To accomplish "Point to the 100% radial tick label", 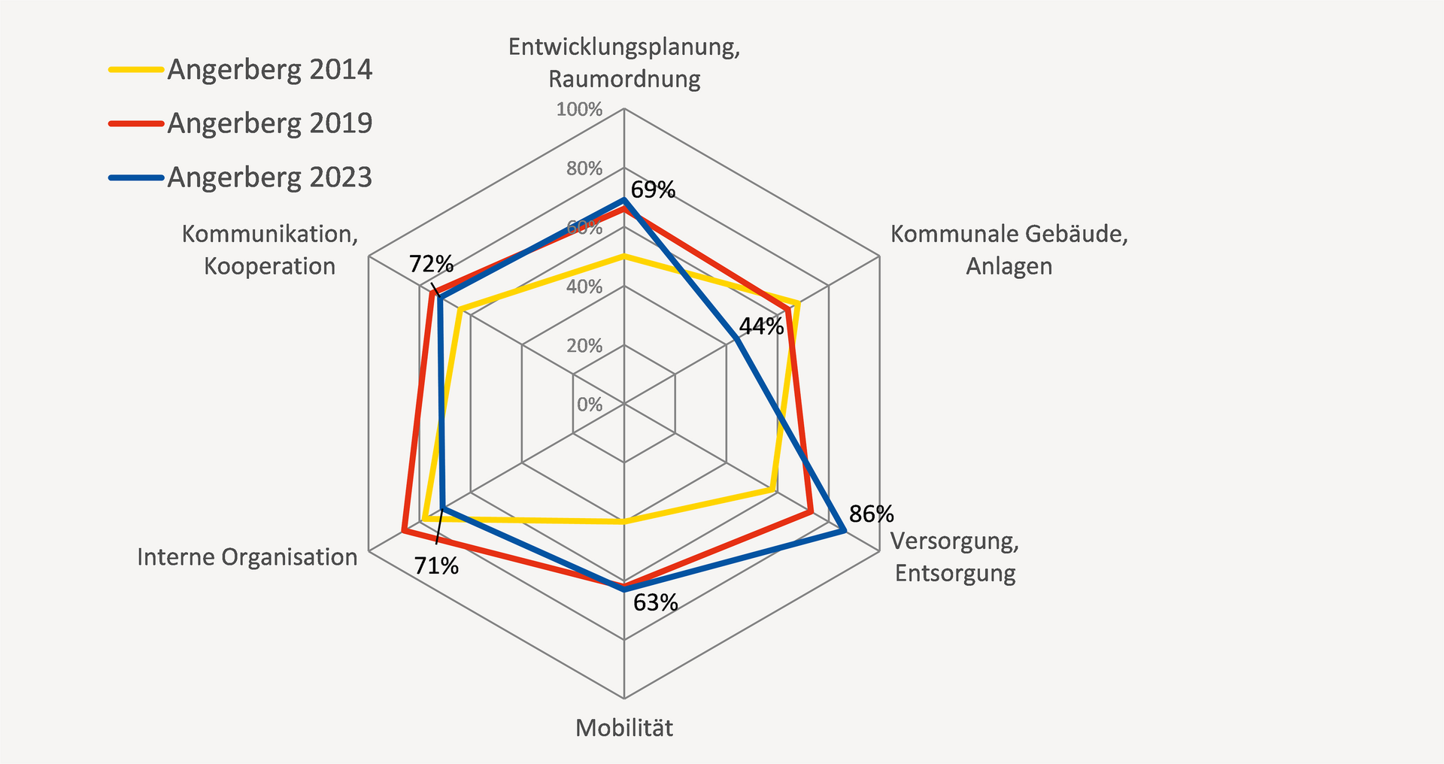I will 579,110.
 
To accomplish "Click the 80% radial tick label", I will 584,168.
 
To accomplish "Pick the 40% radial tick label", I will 584,286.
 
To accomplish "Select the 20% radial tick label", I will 584,346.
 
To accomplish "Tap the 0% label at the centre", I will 590,405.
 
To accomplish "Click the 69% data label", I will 653,189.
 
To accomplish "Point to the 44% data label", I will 761,326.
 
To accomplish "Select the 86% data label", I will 872,514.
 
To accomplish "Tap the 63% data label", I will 655,603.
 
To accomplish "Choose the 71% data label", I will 436,565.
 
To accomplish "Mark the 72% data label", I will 431,264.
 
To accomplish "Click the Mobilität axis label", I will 624,728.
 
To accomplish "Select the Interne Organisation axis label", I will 247,557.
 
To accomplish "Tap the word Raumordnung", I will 624,79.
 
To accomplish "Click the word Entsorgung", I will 955,573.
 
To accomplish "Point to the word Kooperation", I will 269,266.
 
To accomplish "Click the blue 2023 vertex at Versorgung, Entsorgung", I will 845,532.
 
